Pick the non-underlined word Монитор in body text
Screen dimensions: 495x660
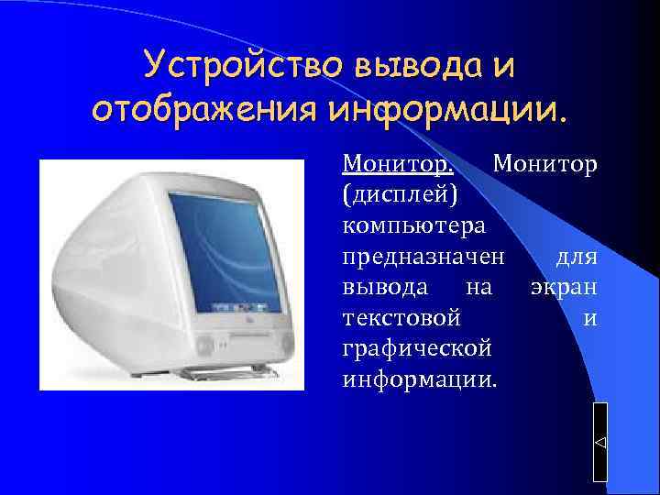(x=544, y=164)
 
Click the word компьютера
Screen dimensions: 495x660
(x=413, y=225)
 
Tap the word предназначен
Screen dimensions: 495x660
(x=423, y=256)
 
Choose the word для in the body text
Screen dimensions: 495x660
(x=577, y=256)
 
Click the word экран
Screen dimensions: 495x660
(x=565, y=287)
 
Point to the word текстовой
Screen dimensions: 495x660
(x=400, y=318)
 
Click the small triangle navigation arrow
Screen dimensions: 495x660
(x=600, y=443)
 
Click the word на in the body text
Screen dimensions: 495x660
(x=479, y=287)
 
